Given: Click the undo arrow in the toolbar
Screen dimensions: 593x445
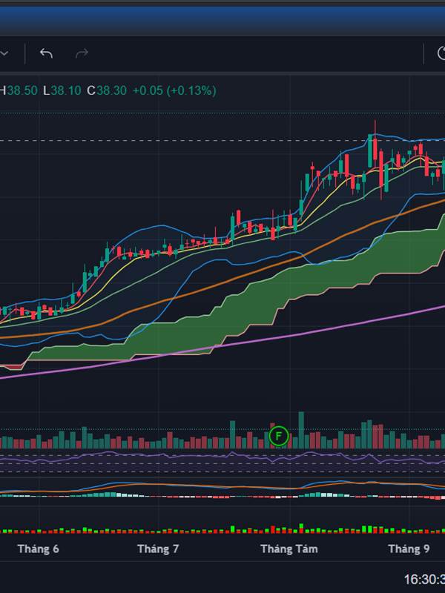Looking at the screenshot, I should [46, 53].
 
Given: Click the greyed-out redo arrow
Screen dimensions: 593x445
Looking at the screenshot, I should [82, 53].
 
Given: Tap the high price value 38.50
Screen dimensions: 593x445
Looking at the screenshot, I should [22, 90].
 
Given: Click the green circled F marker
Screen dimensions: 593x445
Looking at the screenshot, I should [278, 435].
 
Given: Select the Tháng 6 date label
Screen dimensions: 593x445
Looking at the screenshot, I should [38, 549].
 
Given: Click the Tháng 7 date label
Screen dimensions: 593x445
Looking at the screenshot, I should [158, 549].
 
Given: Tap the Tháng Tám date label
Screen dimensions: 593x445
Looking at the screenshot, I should [289, 549].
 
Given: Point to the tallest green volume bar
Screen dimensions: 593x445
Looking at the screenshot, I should [300, 430].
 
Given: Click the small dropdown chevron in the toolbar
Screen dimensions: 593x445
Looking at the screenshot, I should [4, 53].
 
